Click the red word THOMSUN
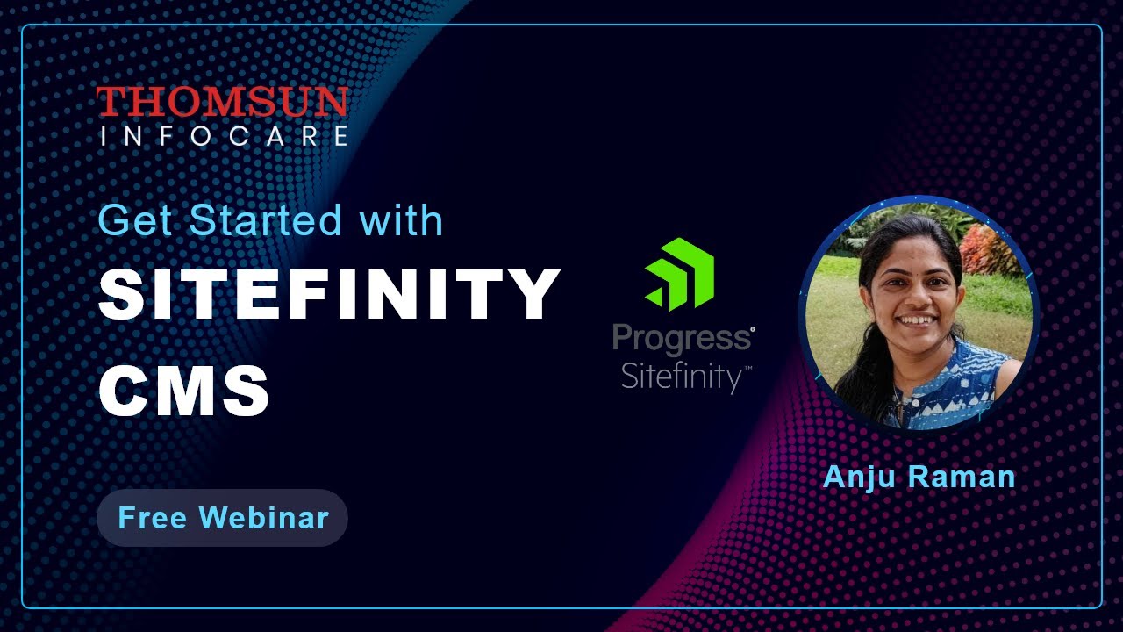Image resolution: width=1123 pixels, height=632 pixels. pyautogui.click(x=222, y=102)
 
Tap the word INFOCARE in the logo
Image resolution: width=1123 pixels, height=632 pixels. pyautogui.click(x=224, y=136)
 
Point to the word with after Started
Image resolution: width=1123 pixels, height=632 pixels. pyautogui.click(x=401, y=220)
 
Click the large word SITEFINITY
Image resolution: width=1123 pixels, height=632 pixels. pyautogui.click(x=329, y=295)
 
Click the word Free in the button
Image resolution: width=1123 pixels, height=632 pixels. pyautogui.click(x=152, y=518)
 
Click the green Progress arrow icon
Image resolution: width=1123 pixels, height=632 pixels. pyautogui.click(x=681, y=273)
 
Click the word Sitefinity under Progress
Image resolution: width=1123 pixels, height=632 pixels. pyautogui.click(x=683, y=377)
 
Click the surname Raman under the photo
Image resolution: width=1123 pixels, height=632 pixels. pyautogui.click(x=963, y=477)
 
